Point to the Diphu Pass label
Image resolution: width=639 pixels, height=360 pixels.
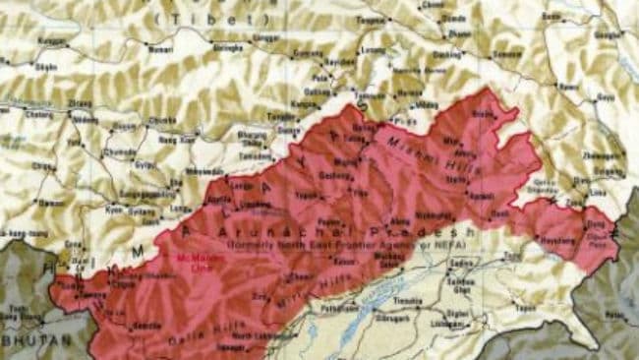coord(597,234)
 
